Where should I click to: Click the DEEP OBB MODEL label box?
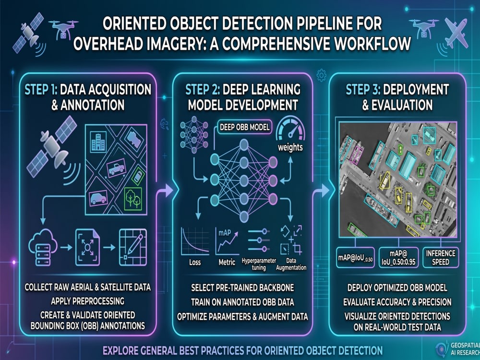(x=245, y=127)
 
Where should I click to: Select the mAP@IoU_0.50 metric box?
(x=355, y=257)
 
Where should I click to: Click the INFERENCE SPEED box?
(x=441, y=257)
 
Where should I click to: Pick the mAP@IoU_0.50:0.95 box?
(x=398, y=257)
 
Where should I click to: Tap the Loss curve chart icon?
(x=195, y=241)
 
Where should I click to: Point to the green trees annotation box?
(x=133, y=199)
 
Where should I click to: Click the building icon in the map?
(x=98, y=142)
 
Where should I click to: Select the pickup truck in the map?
(x=116, y=168)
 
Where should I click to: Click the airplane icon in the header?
(x=456, y=33)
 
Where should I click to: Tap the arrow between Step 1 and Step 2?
(x=165, y=191)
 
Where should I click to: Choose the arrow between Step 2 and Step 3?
(x=321, y=191)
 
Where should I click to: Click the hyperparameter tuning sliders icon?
(x=259, y=240)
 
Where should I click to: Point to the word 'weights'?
(x=290, y=147)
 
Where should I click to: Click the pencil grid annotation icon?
(x=133, y=247)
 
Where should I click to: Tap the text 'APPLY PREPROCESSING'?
(x=87, y=301)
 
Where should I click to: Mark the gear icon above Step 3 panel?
(x=321, y=75)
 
